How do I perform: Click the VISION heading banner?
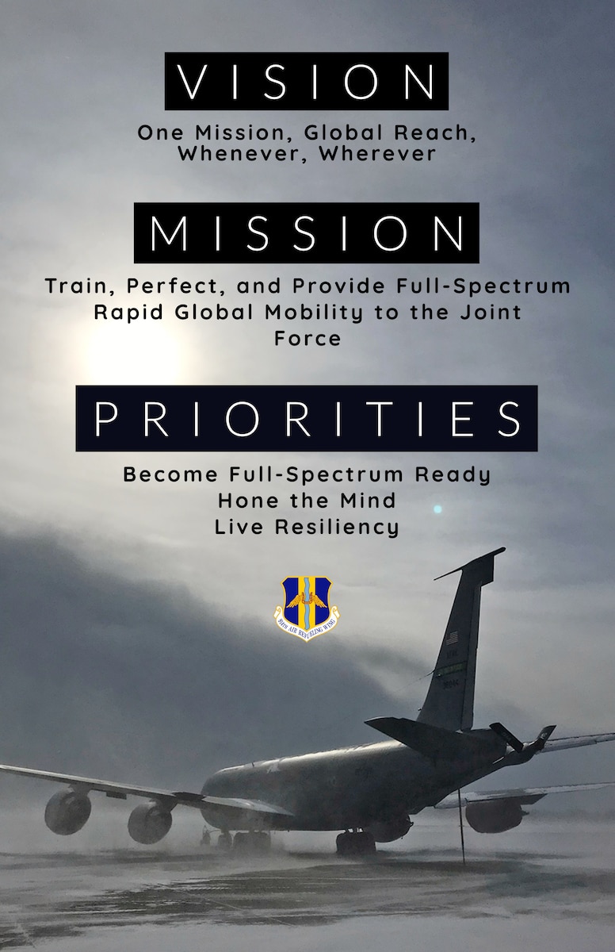point(306,81)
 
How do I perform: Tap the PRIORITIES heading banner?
point(306,418)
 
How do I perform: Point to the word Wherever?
point(377,153)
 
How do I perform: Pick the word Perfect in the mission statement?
point(167,286)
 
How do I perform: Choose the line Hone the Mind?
point(307,501)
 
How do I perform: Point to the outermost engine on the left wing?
point(67,810)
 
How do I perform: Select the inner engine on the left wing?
point(149,821)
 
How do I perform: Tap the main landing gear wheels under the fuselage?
point(355,843)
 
